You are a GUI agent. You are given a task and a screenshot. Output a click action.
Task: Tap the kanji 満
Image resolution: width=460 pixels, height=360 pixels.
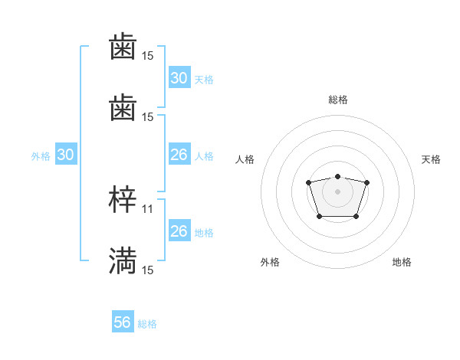(123, 260)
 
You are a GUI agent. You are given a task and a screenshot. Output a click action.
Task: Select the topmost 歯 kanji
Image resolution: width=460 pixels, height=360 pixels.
(123, 47)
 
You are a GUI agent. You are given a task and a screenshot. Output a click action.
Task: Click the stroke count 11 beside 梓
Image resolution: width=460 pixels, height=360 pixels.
(148, 208)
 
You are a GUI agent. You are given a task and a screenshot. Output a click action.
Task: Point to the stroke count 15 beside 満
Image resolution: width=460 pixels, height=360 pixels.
(148, 270)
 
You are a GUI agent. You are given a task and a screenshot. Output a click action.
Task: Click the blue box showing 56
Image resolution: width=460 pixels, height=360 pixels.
(123, 323)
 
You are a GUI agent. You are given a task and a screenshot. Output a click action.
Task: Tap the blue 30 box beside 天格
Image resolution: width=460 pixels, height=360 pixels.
(179, 78)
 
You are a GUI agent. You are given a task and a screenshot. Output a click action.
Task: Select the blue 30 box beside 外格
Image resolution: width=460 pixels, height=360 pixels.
(66, 155)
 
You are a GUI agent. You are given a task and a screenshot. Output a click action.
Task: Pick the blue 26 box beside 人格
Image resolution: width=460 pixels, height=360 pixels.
(179, 155)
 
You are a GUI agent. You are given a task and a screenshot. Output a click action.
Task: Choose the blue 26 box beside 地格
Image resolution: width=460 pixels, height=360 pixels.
(179, 231)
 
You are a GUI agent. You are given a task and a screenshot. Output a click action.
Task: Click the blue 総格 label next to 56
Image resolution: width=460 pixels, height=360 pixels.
(147, 324)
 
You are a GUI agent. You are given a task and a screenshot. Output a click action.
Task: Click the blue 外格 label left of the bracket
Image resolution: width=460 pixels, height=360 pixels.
(41, 156)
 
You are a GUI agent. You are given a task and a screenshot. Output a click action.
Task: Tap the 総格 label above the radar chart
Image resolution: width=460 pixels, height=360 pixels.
(337, 100)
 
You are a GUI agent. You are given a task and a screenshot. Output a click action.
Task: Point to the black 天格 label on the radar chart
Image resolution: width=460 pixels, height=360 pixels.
(431, 159)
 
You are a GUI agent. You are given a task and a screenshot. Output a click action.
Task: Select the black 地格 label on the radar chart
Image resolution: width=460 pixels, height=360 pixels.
(402, 263)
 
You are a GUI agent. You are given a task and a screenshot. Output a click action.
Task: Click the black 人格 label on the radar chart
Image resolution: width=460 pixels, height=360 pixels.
(245, 159)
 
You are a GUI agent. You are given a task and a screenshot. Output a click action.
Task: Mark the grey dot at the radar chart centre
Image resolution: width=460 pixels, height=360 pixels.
(337, 190)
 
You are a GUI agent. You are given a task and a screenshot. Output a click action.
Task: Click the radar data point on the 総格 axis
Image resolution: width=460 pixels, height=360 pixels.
(337, 176)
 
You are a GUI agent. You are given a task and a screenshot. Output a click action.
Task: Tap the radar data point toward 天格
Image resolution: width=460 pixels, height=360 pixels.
(366, 182)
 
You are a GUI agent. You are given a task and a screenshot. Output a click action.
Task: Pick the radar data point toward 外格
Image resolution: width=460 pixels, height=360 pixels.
(319, 217)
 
